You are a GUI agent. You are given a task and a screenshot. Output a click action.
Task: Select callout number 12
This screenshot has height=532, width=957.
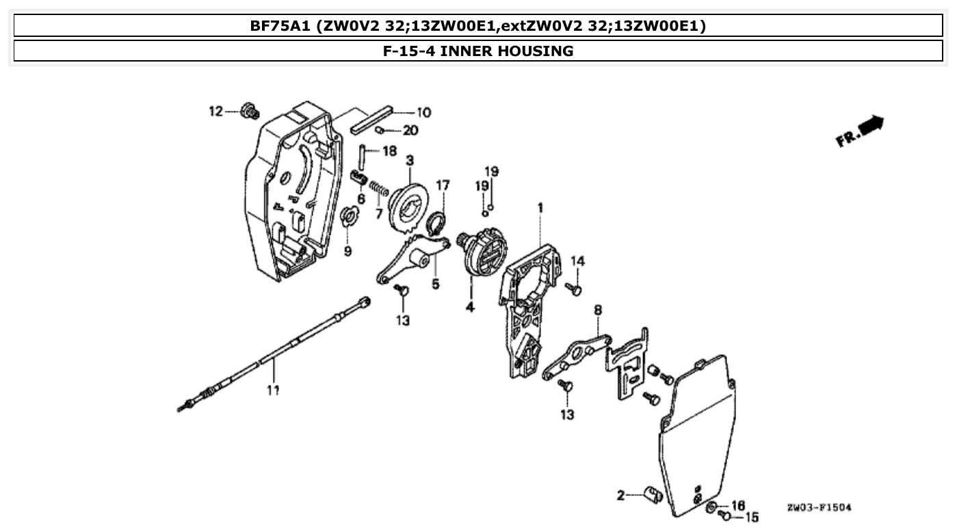point(216,111)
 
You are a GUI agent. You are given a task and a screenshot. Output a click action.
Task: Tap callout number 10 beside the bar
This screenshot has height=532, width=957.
point(423,112)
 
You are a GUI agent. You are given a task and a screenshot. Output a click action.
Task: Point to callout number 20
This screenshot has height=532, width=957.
point(410,131)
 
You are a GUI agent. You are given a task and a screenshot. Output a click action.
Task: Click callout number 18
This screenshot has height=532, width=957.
point(389,151)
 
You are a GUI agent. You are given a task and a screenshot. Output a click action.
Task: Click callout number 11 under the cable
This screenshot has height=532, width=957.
point(273,390)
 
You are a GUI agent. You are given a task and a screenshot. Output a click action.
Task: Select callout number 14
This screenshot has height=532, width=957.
point(578,261)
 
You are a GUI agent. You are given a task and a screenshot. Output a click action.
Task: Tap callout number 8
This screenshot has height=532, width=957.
point(598,310)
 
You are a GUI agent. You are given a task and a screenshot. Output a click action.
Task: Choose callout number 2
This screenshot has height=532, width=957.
point(621,495)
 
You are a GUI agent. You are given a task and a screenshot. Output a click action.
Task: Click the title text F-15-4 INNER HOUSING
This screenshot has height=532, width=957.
point(478,51)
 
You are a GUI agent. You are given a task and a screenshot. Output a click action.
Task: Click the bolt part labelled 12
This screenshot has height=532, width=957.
point(251,110)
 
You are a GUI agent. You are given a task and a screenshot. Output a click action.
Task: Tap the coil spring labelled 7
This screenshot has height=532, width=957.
point(379,187)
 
